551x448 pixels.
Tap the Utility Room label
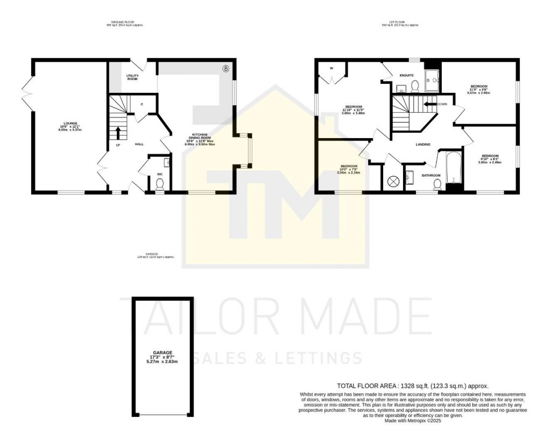[132, 77]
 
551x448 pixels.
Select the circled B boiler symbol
[226, 68]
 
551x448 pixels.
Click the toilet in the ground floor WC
[159, 184]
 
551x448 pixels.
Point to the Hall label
[139, 144]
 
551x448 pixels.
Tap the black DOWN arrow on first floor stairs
[430, 104]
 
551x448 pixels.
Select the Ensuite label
[406, 75]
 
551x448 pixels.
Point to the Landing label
[423, 144]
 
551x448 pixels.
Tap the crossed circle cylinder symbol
[393, 181]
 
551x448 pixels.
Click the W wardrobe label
[331, 68]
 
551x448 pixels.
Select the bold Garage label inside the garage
[161, 352]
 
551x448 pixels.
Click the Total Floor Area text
[412, 385]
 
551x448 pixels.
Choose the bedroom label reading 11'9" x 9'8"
[479, 89]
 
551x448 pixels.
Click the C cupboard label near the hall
[142, 104]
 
